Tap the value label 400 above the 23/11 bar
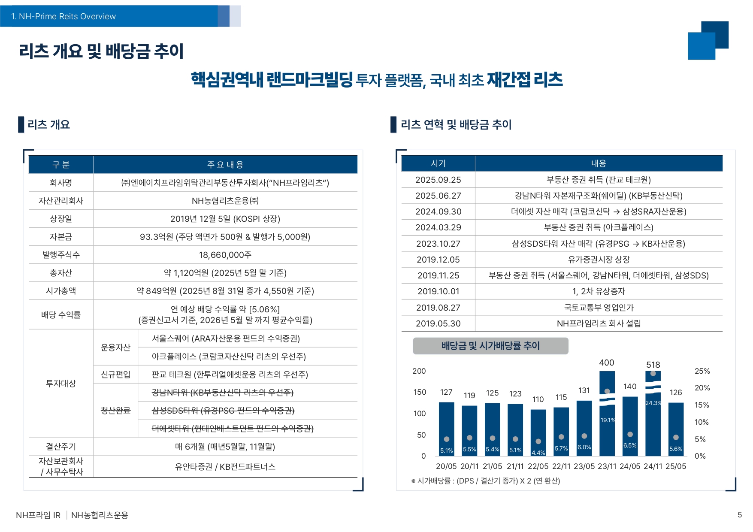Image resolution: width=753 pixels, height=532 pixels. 607,363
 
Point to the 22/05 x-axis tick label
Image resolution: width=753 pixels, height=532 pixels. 538,466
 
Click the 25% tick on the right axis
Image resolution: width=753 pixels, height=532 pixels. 702,371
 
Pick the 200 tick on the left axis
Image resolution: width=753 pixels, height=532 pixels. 419,371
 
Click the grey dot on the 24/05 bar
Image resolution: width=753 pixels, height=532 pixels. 630,435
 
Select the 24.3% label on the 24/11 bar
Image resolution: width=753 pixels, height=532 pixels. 653,403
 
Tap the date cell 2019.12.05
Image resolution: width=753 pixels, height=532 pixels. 438,260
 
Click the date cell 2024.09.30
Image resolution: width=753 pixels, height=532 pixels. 438,212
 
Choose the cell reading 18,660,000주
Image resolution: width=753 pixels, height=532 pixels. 225,255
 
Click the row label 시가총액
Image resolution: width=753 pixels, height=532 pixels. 61,291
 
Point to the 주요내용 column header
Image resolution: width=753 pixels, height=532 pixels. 225,165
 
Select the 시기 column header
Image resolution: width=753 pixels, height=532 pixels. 438,163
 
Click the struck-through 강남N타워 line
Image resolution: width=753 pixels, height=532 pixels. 223,393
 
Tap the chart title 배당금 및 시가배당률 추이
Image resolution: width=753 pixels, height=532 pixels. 490,346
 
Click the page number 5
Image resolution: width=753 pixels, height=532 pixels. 739,515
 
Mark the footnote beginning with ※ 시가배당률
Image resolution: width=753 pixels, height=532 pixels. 485,481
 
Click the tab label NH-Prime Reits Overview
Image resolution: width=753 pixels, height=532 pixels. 64,16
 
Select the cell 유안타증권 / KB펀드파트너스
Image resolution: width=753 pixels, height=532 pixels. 225,467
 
